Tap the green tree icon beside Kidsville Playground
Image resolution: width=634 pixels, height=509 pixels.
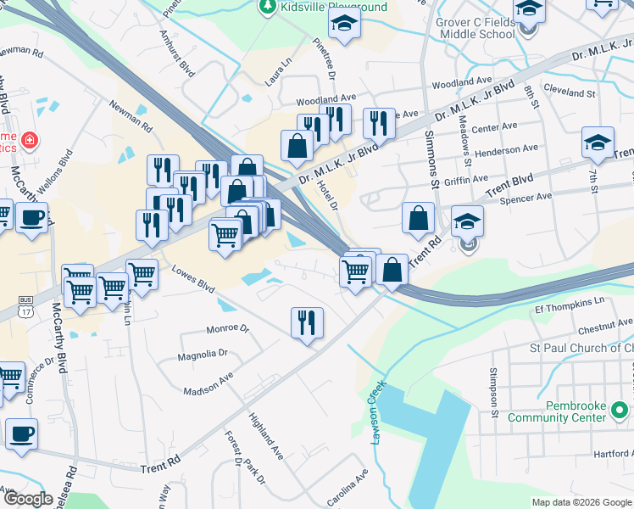[268, 7]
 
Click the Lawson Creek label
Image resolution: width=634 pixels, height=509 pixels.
[378, 411]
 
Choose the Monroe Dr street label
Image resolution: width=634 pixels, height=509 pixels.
[227, 328]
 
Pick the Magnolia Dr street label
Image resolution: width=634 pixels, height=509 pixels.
[203, 353]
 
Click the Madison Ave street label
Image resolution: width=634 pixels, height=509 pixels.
[209, 384]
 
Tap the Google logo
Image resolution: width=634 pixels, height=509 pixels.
[30, 499]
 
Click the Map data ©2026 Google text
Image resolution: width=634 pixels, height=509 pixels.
[581, 502]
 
